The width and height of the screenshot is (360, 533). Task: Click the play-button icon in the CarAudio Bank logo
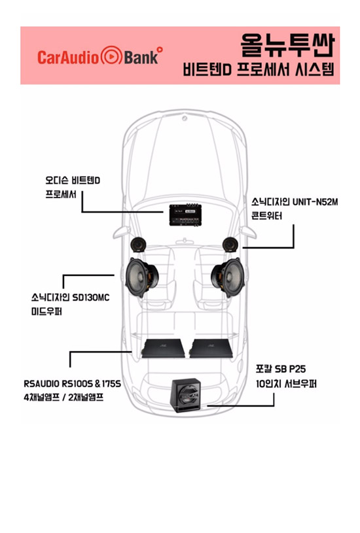point(111,56)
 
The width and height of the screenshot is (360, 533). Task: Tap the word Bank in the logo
point(141,57)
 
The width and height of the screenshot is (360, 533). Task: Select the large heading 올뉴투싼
point(287,45)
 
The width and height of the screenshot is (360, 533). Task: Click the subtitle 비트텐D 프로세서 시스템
point(259,69)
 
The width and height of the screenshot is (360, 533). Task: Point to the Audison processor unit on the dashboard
point(185,215)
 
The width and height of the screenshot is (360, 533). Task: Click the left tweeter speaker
point(138,245)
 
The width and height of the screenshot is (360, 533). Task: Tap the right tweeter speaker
point(230,245)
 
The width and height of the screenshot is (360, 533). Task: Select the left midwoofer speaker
point(141,277)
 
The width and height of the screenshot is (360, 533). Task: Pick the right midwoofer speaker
point(228,277)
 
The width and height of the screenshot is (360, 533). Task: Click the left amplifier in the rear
point(163,348)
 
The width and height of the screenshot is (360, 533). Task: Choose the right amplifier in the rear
point(211,348)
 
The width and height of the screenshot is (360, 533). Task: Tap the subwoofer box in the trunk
point(186,395)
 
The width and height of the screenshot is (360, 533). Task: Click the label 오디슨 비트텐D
point(73,181)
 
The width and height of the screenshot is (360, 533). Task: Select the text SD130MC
point(91,298)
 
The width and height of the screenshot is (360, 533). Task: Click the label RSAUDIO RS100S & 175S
point(72,384)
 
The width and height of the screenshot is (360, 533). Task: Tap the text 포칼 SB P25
point(281,369)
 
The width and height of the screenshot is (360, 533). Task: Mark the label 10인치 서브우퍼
point(287,384)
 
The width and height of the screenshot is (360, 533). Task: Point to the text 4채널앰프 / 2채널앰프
point(63,397)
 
